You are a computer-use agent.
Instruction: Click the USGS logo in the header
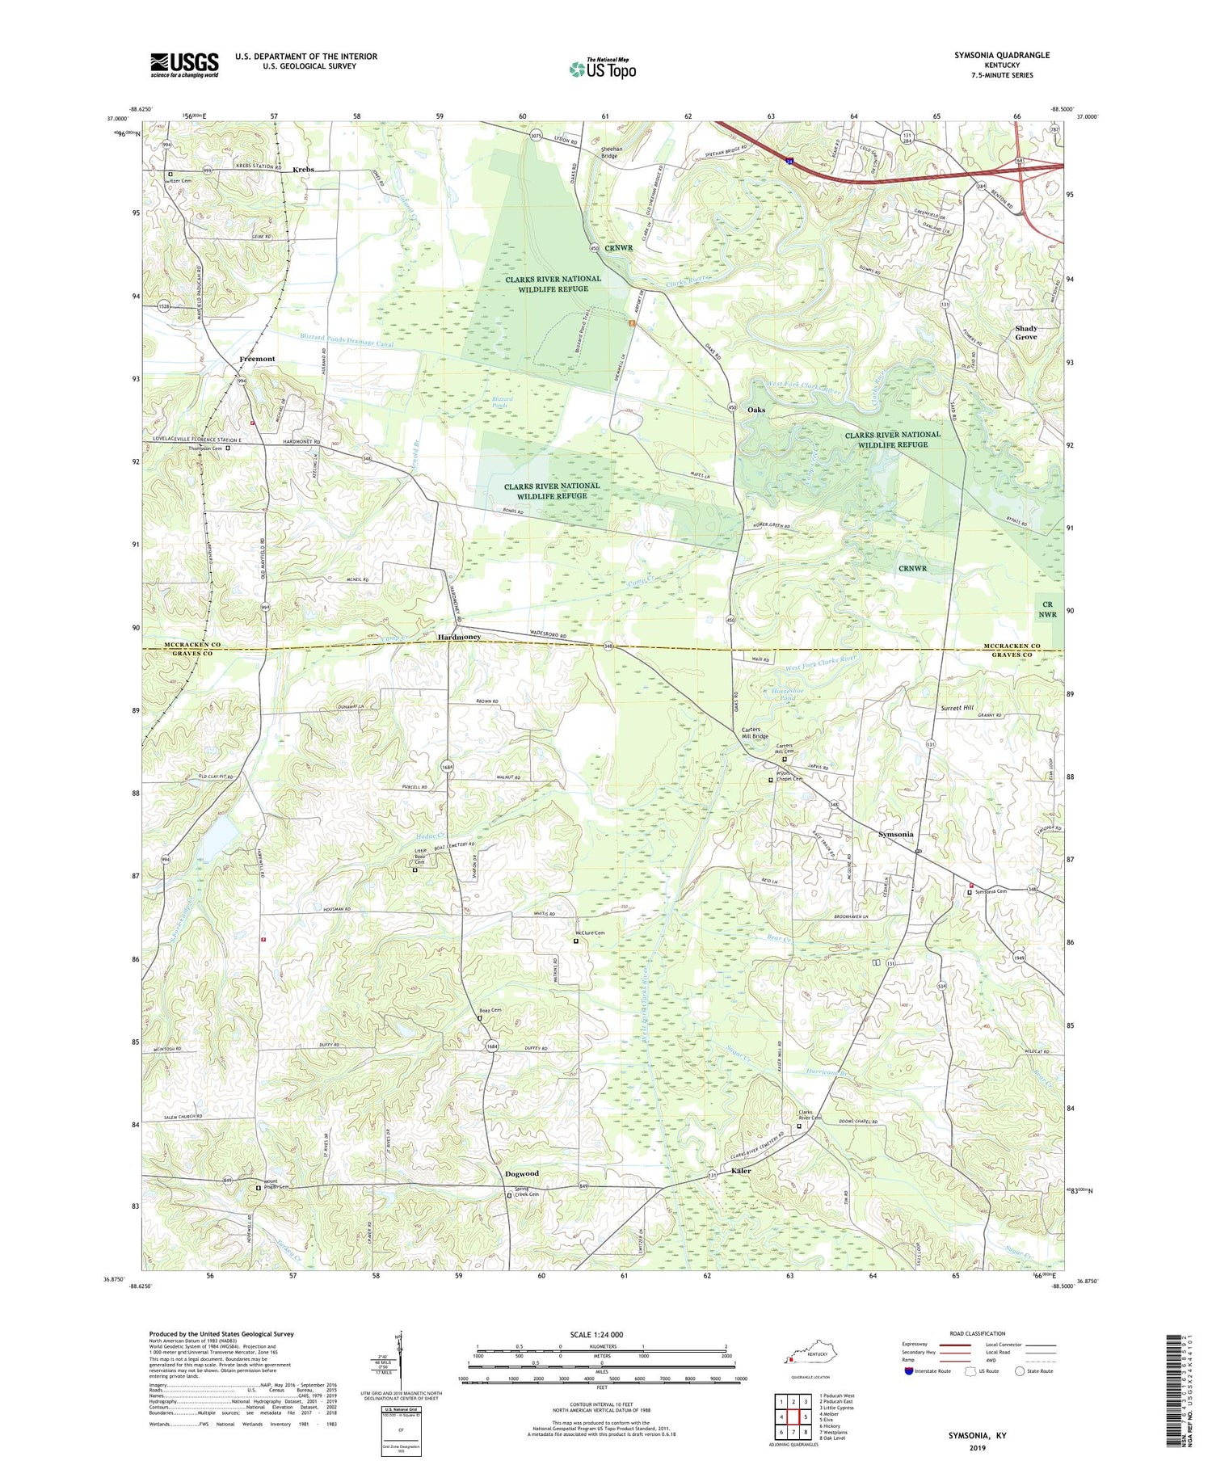[184, 65]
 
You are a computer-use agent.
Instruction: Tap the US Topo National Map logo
[602, 69]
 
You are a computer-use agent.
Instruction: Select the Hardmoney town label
[459, 637]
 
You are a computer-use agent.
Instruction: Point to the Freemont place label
[257, 359]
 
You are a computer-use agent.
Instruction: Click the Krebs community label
[303, 170]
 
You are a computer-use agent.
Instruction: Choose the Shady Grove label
[1025, 332]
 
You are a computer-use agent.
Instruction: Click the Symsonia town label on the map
[895, 834]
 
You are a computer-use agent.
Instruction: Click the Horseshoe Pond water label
[781, 695]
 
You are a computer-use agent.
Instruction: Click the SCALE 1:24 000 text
[602, 1334]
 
